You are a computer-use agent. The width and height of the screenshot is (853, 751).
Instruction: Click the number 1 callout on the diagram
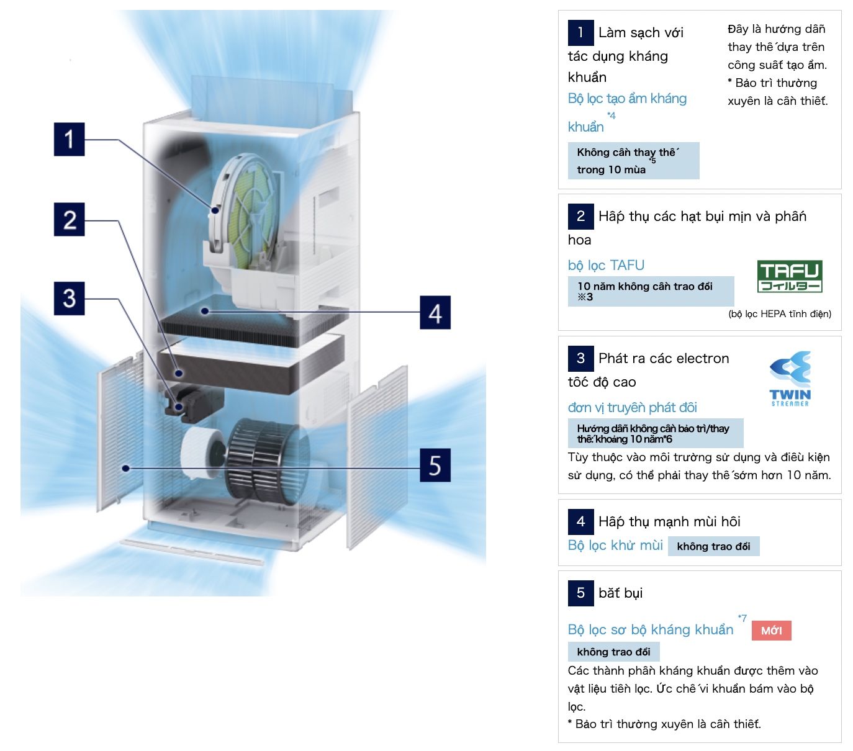(69, 140)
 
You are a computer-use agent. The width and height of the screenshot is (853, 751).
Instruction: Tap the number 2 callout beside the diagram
(69, 219)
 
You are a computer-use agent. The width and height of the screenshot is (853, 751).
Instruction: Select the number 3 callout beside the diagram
(69, 299)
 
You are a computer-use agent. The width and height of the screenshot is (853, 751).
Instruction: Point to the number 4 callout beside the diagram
(435, 312)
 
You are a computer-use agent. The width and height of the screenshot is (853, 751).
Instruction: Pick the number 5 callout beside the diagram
(435, 465)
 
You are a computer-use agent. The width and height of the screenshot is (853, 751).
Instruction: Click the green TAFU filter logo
(790, 276)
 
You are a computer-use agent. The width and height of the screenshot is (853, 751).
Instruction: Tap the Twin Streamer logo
(790, 379)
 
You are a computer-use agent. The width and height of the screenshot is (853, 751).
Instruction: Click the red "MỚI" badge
(771, 631)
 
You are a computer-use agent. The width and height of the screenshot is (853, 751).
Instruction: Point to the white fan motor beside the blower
(202, 452)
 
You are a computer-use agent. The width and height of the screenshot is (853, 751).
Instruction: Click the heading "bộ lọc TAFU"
(606, 265)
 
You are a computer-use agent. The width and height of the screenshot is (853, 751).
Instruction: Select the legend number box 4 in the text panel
(580, 521)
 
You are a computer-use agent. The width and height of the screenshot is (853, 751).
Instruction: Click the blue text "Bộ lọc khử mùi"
(615, 545)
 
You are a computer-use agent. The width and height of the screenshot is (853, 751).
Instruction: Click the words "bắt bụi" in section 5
(621, 593)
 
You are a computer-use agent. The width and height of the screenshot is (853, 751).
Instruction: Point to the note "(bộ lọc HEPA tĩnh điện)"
(780, 313)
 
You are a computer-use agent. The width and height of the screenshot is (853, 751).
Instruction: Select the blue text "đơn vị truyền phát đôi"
(632, 408)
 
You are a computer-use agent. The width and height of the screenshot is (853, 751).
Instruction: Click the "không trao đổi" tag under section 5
(613, 652)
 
